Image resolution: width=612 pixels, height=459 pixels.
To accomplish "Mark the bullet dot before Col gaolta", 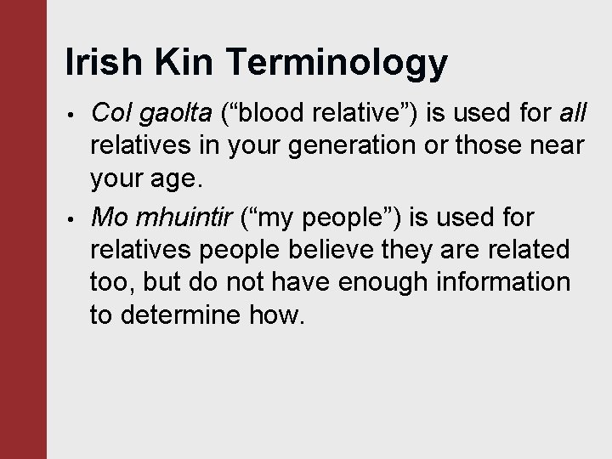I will click(x=74, y=114).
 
